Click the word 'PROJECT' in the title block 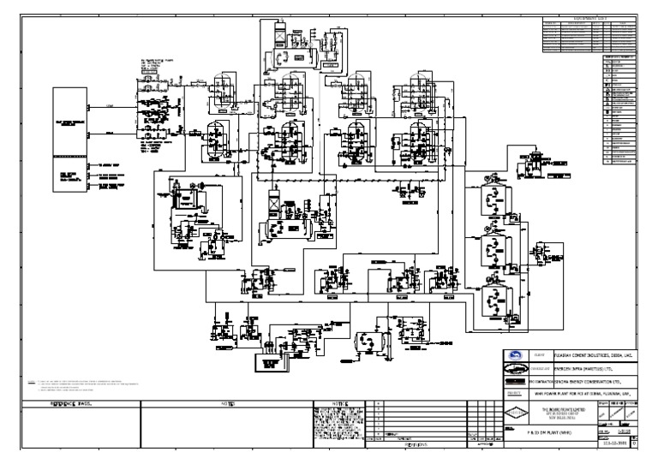tap(514, 395)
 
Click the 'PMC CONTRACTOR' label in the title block tap(538, 376)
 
